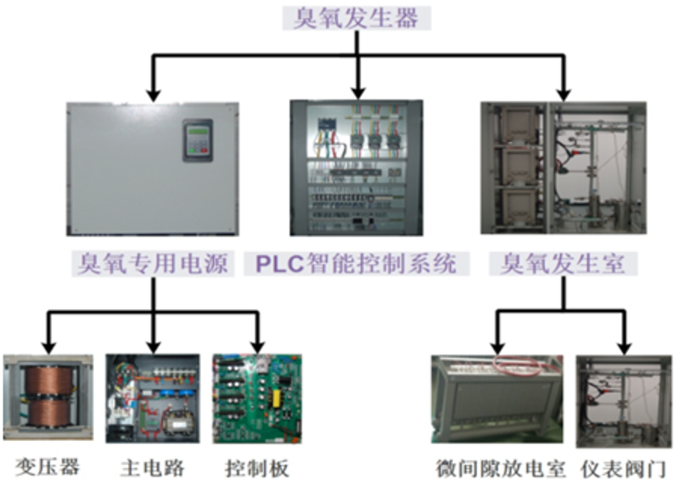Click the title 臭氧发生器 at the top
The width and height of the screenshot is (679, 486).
356,18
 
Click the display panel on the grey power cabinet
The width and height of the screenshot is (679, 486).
197,140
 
